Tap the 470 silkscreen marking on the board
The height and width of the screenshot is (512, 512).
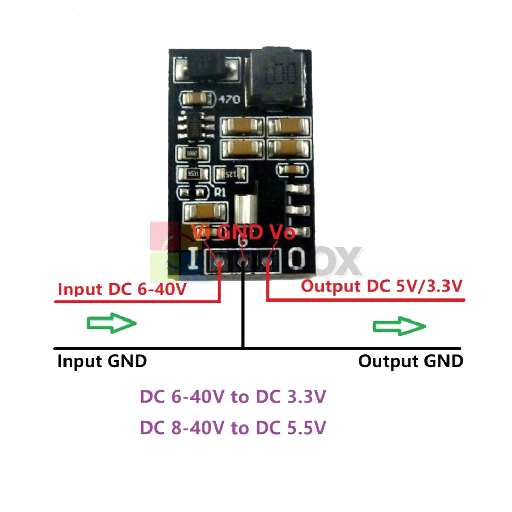(228, 100)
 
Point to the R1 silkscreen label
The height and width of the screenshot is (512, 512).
(221, 193)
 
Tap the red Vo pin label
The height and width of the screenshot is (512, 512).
(282, 232)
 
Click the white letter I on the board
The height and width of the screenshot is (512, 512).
(194, 259)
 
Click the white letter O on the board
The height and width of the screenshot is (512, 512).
(296, 259)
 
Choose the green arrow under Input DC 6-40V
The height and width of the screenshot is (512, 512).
(111, 324)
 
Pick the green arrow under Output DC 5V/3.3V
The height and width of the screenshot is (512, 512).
(400, 326)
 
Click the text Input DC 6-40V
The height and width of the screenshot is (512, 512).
(122, 289)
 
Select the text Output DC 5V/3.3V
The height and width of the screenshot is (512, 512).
(382, 286)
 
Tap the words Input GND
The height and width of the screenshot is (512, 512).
(102, 361)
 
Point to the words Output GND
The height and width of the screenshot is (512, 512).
(411, 361)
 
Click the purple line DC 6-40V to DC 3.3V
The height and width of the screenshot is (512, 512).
(232, 397)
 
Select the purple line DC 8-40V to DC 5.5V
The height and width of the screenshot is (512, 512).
(232, 428)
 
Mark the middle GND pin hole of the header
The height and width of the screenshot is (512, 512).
(243, 263)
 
